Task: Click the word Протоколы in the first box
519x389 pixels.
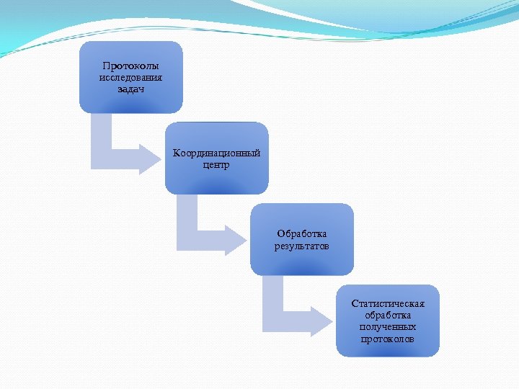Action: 130,66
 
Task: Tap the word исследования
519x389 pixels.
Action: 130,78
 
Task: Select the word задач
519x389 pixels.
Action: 130,89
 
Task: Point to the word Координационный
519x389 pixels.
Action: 216,153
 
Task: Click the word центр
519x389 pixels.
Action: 216,165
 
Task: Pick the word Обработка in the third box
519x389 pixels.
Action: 301,234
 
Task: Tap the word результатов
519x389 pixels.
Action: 301,246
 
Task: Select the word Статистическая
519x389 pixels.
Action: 388,303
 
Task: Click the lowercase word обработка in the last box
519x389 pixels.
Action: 388,316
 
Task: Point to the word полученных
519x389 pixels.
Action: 388,327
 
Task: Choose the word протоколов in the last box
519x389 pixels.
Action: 388,339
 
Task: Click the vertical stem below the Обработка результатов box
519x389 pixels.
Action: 272,295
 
